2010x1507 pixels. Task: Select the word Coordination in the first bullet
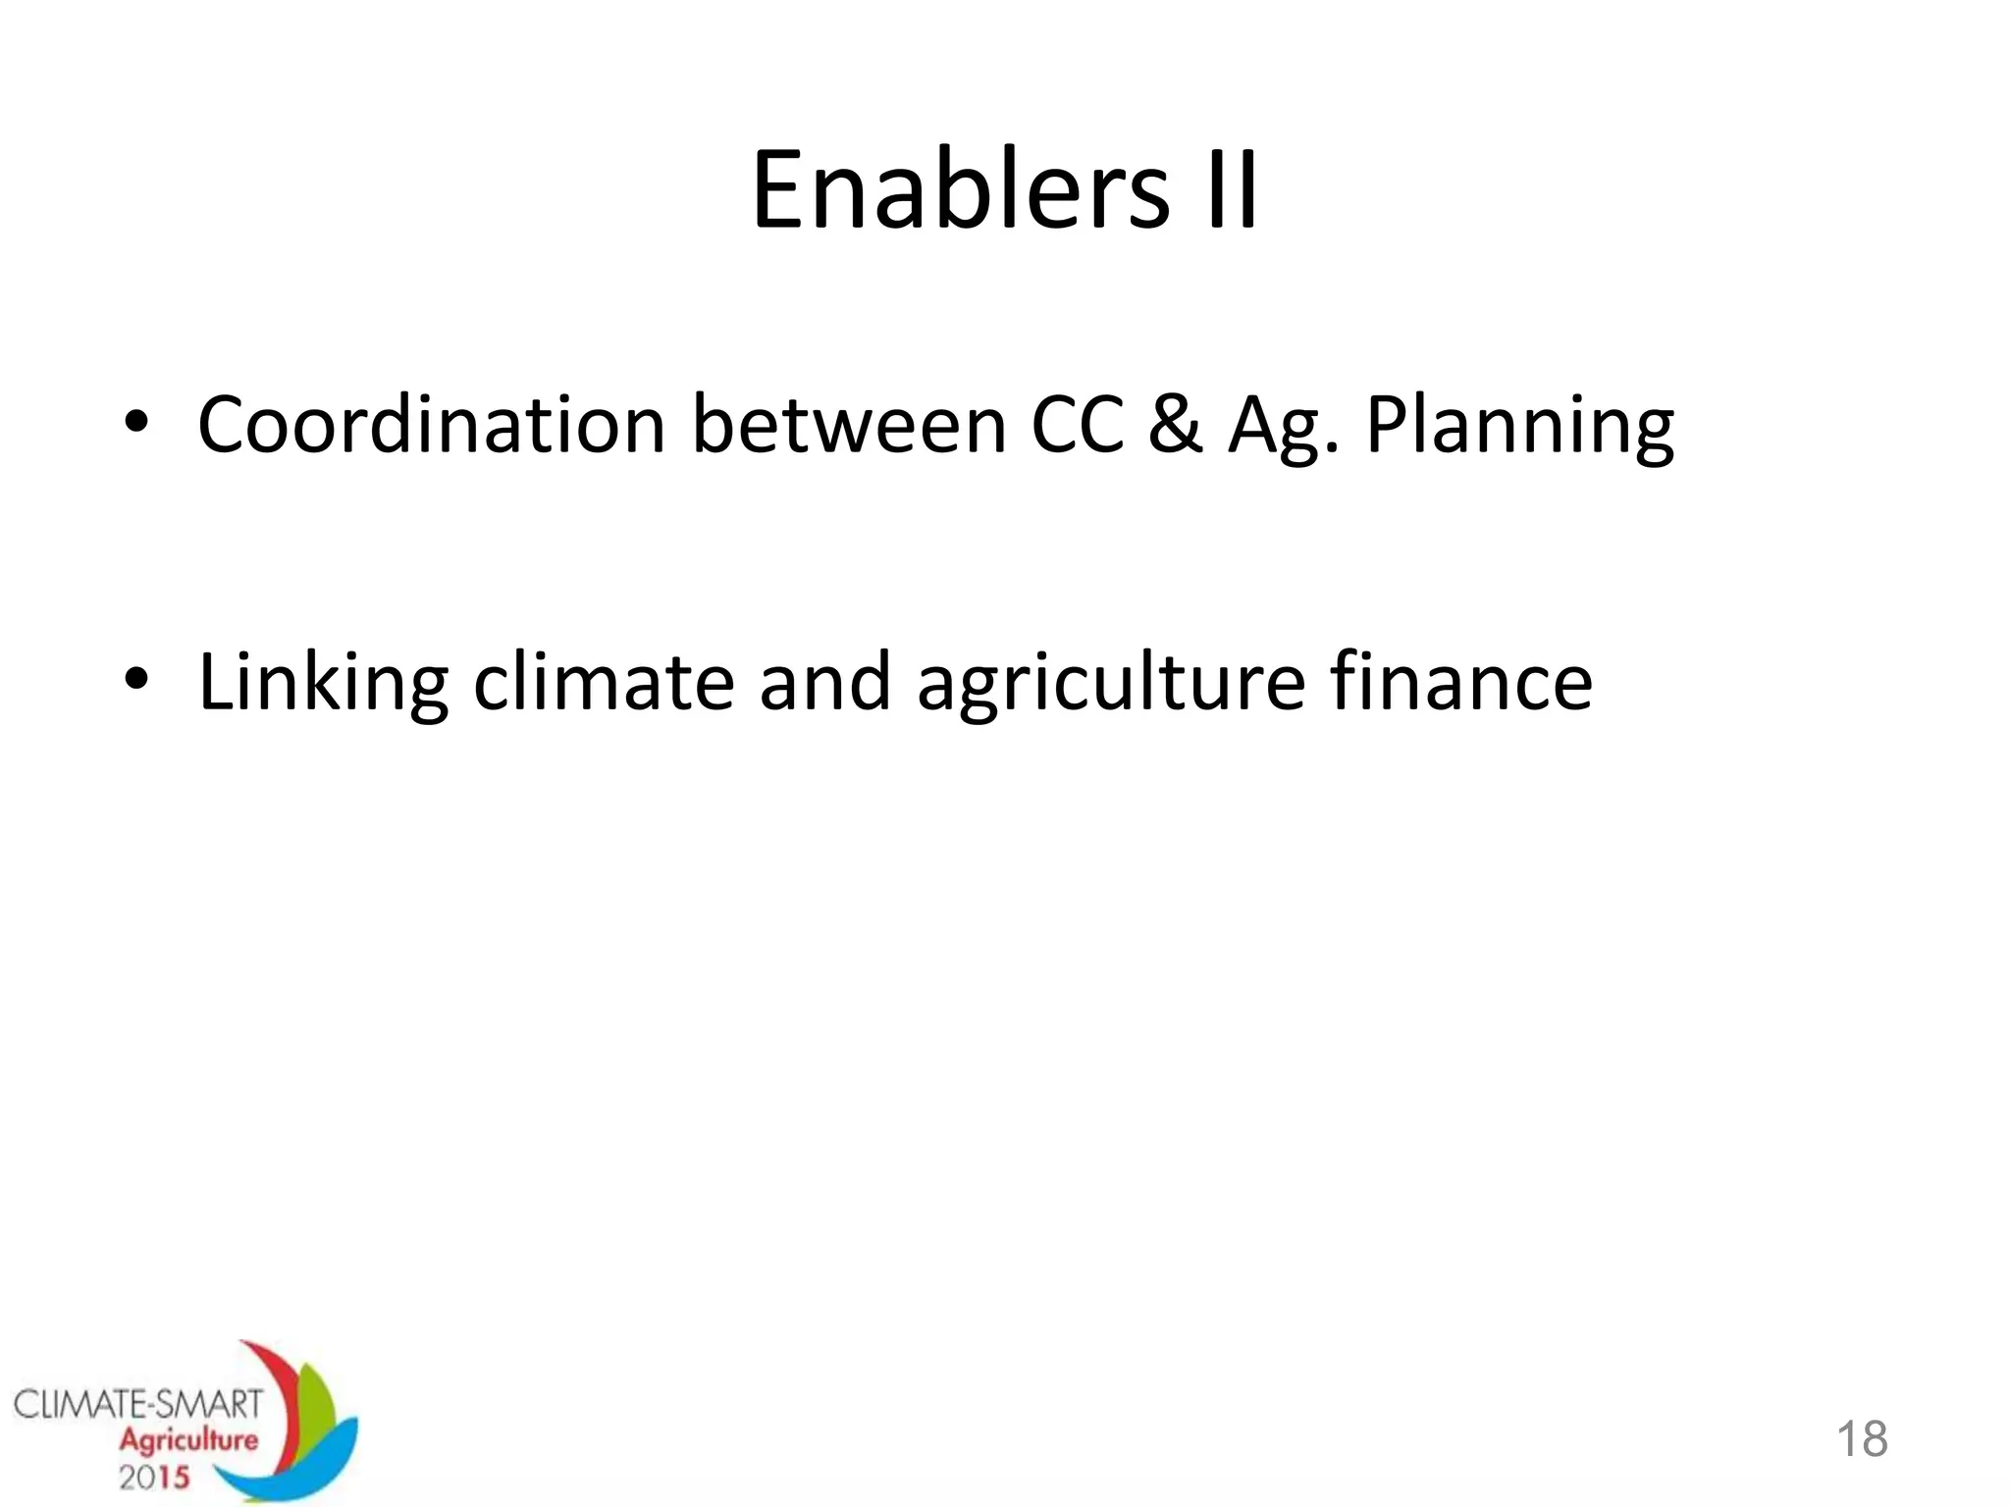(x=432, y=426)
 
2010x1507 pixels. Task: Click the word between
(x=849, y=426)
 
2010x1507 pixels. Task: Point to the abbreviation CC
(x=1077, y=426)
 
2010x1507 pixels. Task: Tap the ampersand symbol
(x=1175, y=426)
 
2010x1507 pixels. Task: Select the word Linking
(x=323, y=684)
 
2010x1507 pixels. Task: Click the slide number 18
(x=1861, y=1439)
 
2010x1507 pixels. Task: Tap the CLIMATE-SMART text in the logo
(x=138, y=1404)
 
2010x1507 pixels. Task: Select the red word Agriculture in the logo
(x=188, y=1440)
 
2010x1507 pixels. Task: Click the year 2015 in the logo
(x=154, y=1477)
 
